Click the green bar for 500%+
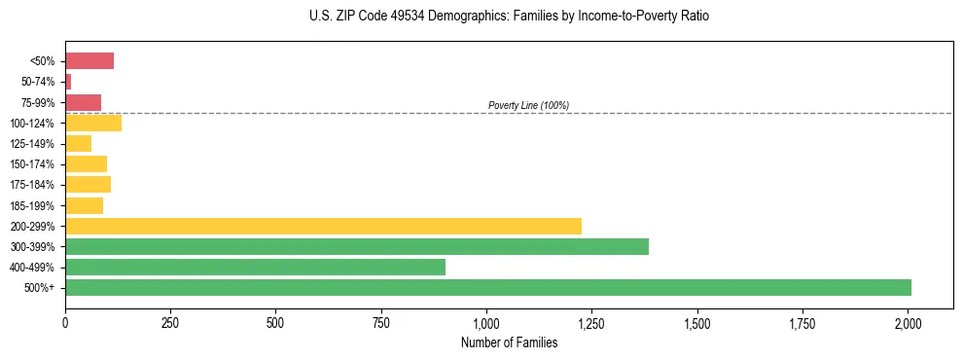(x=487, y=287)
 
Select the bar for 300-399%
(x=356, y=246)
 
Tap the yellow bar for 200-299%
(x=323, y=226)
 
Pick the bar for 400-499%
(x=255, y=267)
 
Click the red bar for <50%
(x=89, y=61)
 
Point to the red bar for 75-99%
(x=83, y=102)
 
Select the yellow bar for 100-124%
(x=93, y=123)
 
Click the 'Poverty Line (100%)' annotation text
(x=528, y=105)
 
